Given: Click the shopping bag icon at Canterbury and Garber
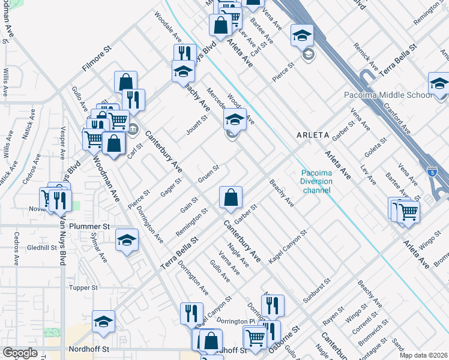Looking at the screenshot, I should [231, 197].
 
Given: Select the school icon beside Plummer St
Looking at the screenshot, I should [127, 241].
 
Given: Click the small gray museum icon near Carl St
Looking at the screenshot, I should [133, 127].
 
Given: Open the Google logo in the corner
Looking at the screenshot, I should [20, 353].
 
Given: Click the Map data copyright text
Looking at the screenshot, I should [423, 355].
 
